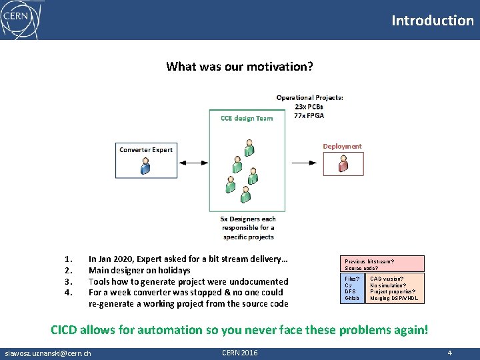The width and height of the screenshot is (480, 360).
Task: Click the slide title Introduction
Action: click(432, 20)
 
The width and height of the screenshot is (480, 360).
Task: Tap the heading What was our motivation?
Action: click(239, 66)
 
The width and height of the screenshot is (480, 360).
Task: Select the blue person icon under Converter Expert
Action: click(145, 166)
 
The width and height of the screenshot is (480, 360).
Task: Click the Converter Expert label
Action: click(145, 149)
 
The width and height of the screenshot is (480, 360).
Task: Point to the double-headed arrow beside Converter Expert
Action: click(193, 162)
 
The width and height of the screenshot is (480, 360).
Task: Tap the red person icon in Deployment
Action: click(343, 164)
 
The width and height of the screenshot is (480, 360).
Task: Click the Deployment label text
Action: click(342, 146)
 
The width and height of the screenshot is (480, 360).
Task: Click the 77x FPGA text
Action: click(309, 115)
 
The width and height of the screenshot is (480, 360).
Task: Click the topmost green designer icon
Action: click(249, 146)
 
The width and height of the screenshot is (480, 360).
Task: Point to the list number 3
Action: click(67, 281)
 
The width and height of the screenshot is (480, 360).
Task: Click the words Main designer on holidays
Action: click(139, 270)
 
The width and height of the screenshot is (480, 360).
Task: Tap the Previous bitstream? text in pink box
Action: click(369, 261)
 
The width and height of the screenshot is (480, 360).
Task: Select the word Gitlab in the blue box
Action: click(351, 298)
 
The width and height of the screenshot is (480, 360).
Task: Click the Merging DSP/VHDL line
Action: click(394, 298)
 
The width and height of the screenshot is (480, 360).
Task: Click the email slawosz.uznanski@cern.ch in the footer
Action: click(47, 353)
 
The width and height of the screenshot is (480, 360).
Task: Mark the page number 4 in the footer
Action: click(450, 353)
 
